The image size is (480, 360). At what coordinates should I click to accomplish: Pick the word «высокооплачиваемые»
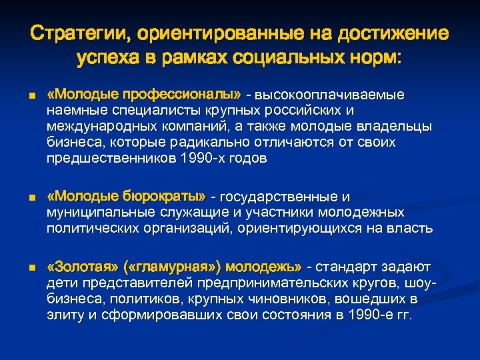333,94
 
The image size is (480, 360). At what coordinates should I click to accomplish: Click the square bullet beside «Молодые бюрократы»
32,198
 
